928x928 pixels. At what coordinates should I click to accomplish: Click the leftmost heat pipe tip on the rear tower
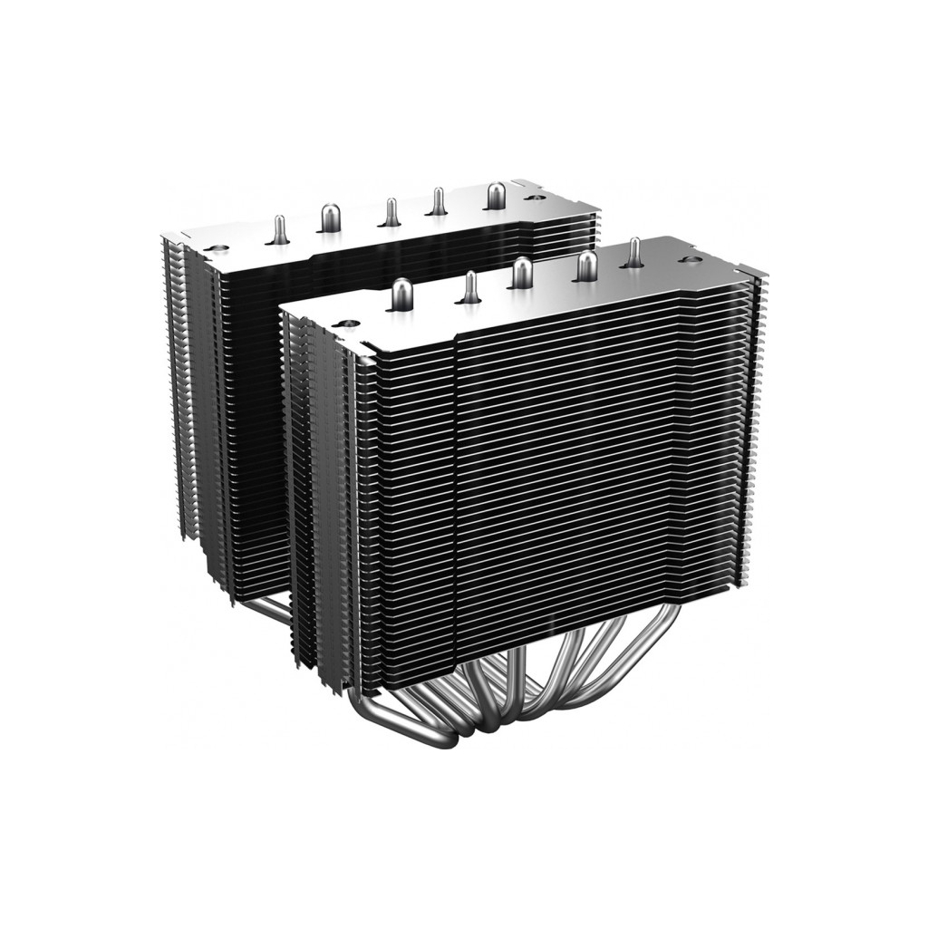coord(280,228)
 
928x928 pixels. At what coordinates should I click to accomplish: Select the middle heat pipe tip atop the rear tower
coord(391,210)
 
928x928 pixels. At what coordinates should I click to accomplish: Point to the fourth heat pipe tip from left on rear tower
coord(438,200)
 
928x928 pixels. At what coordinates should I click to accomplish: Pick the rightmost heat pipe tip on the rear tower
coord(498,194)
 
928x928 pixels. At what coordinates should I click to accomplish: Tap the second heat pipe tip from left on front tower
coord(471,285)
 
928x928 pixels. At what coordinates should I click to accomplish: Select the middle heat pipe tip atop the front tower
coord(521,273)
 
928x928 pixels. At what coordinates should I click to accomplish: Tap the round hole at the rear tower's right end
coord(536,194)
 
